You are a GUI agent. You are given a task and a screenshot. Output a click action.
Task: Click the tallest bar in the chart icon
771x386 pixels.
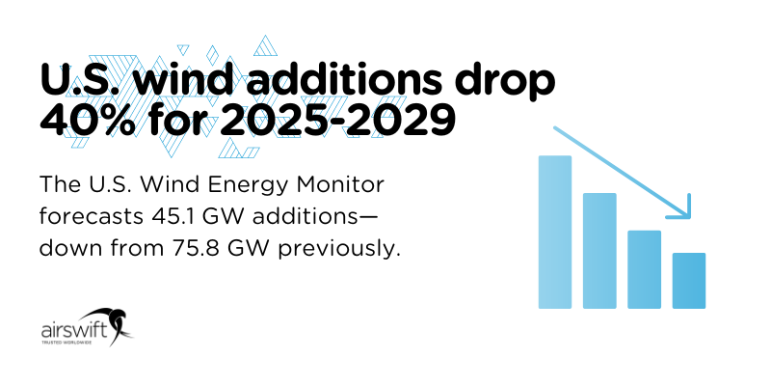point(554,232)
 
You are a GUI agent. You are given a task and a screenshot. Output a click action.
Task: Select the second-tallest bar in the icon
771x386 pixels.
point(598,251)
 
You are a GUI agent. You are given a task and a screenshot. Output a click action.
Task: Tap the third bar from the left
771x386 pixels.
point(644,269)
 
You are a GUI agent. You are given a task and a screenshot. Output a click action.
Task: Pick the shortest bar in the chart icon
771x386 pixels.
point(688,281)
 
